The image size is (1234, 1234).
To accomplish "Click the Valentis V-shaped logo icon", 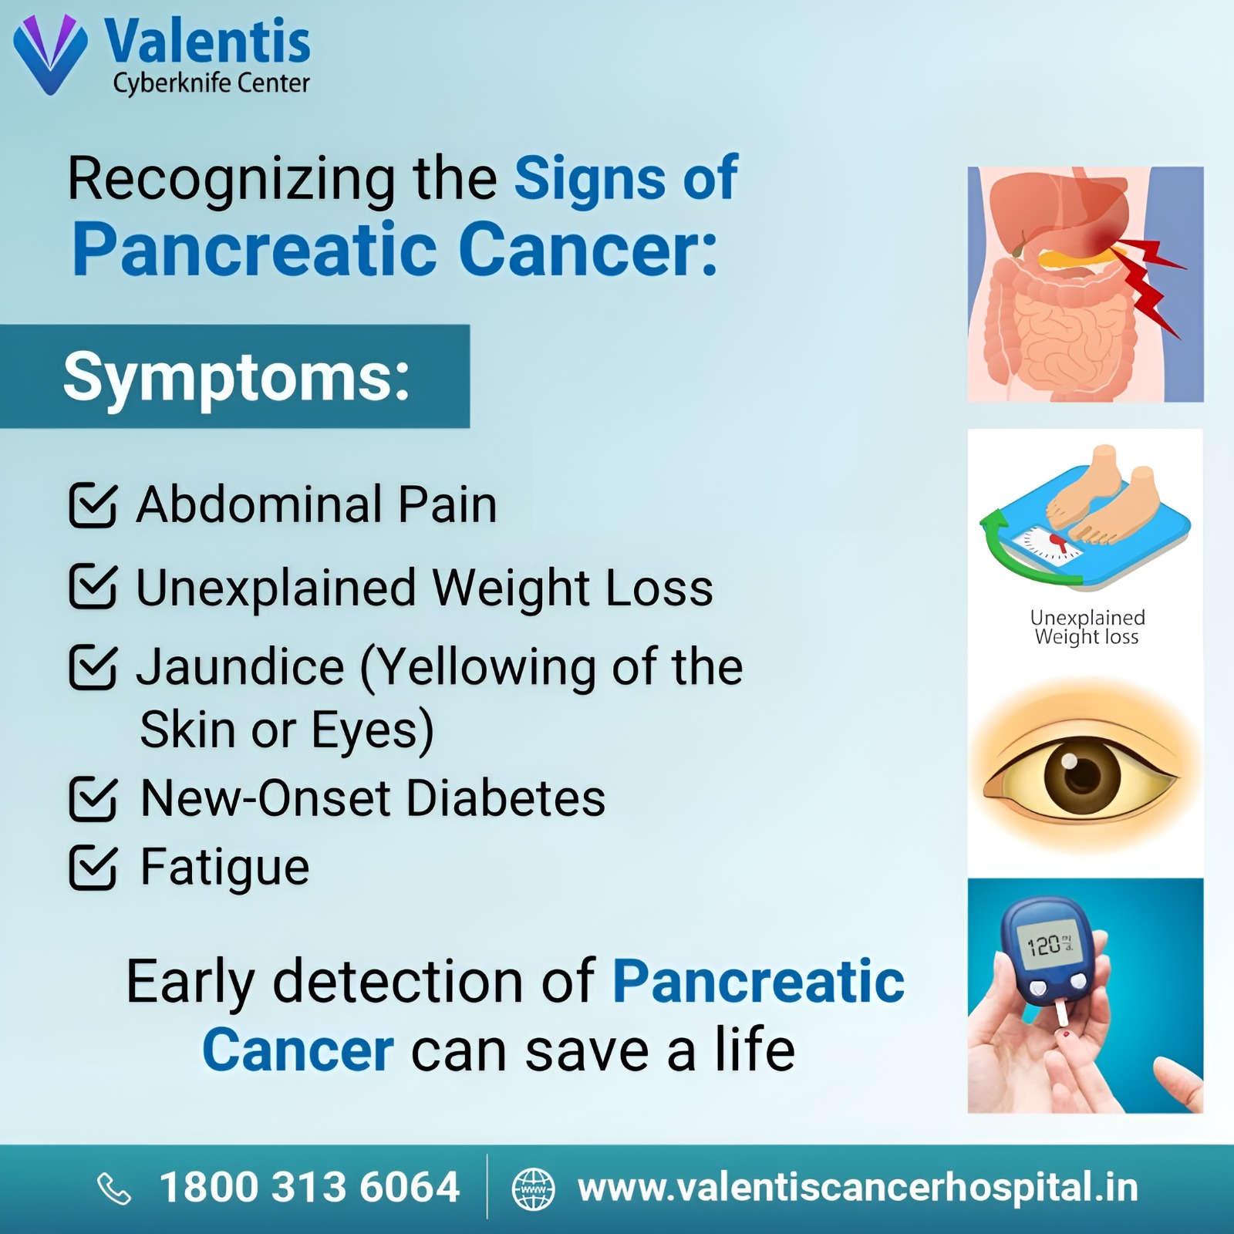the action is pyautogui.click(x=51, y=54).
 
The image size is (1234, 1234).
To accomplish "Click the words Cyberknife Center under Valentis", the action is pyautogui.click(x=211, y=83).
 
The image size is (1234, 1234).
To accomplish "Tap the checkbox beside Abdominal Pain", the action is pyautogui.click(x=93, y=505).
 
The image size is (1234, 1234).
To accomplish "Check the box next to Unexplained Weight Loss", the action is pyautogui.click(x=93, y=586).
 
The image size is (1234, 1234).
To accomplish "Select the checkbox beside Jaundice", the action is pyautogui.click(x=93, y=666).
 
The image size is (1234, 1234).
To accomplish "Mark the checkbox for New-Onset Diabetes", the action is pyautogui.click(x=93, y=799).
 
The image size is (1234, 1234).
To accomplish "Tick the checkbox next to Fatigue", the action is pyautogui.click(x=93, y=868).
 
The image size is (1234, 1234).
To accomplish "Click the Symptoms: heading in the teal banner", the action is pyautogui.click(x=236, y=377).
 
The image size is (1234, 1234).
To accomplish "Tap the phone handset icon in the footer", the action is pyautogui.click(x=114, y=1188).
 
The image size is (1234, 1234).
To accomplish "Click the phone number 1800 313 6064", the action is pyautogui.click(x=309, y=1187).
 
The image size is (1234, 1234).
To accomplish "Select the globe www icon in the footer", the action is pyautogui.click(x=534, y=1188).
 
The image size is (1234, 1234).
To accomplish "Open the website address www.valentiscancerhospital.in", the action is pyautogui.click(x=858, y=1188).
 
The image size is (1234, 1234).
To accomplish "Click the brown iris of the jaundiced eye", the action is pyautogui.click(x=1082, y=774).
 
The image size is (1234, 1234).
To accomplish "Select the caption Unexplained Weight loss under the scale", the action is pyautogui.click(x=1087, y=627).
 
